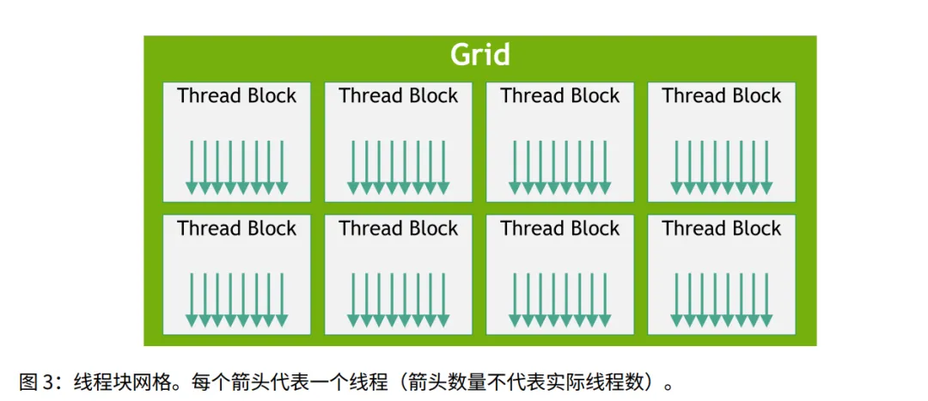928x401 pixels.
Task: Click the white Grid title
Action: [480, 55]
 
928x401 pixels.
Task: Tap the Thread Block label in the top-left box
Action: [236, 96]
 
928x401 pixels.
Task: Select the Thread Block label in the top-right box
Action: [721, 96]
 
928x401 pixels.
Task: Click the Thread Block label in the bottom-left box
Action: [236, 228]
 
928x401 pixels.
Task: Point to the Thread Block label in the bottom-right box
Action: [721, 228]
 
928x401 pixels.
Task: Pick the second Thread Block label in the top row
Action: [398, 96]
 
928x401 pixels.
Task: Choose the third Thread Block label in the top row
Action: [559, 96]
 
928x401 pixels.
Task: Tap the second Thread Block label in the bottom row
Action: [398, 228]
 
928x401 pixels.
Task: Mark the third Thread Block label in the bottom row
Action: [559, 228]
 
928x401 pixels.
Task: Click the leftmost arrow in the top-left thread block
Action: [192, 167]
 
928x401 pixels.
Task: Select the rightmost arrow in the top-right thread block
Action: [766, 167]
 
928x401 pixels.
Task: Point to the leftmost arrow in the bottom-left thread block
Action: [192, 300]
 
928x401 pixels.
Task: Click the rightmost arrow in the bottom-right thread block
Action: [766, 300]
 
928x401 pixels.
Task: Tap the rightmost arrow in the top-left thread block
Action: [282, 167]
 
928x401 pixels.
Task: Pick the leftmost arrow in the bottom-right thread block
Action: [676, 300]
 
